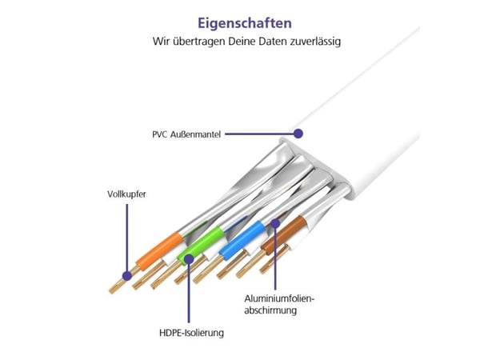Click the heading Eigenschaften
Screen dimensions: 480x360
click(x=245, y=23)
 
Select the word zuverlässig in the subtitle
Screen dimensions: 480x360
click(x=316, y=42)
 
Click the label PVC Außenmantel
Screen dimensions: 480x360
click(x=186, y=134)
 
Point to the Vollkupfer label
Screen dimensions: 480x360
click(x=126, y=194)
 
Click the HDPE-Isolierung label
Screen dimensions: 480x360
click(x=191, y=333)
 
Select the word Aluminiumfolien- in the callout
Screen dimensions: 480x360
click(x=279, y=298)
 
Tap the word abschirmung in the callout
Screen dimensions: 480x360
click(x=270, y=310)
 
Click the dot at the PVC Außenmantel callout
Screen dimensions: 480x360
click(x=298, y=134)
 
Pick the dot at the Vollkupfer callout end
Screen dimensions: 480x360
click(x=127, y=276)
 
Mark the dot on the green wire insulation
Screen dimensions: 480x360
click(x=189, y=259)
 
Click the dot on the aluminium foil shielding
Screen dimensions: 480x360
click(x=275, y=223)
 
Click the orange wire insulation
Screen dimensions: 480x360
click(x=159, y=251)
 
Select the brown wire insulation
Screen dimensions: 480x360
click(x=284, y=234)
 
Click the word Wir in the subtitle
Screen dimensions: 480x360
click(x=161, y=41)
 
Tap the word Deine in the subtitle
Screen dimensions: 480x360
click(x=242, y=41)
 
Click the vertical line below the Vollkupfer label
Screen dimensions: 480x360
click(x=127, y=238)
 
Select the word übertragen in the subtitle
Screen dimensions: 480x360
click(x=198, y=42)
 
